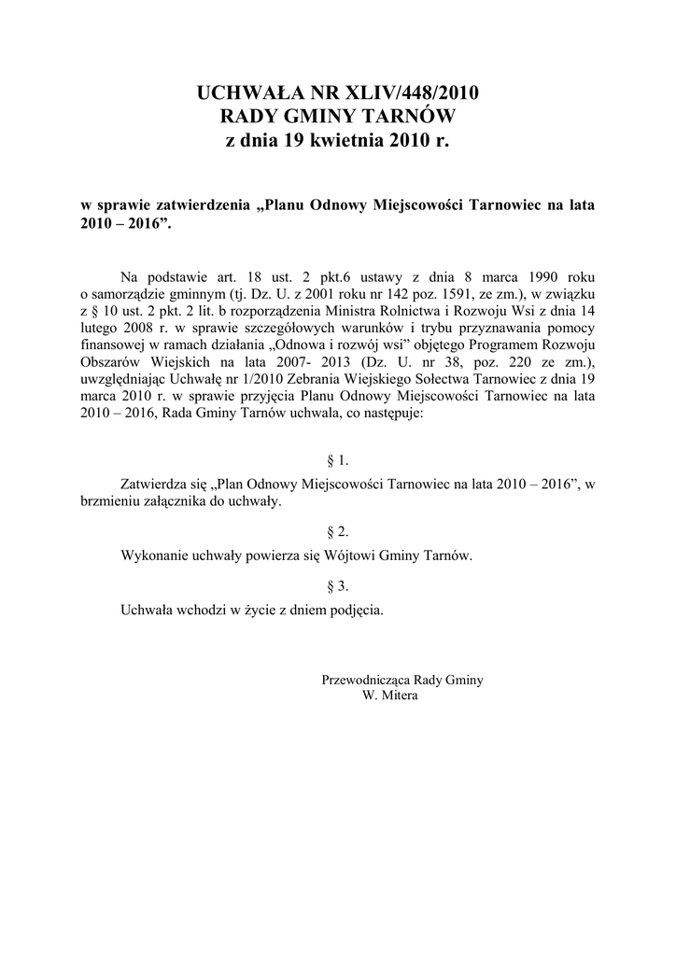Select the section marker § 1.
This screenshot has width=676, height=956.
(x=338, y=460)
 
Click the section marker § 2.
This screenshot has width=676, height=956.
(x=338, y=531)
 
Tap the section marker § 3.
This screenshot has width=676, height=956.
(x=338, y=586)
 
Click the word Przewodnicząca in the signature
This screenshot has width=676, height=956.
(x=366, y=680)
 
